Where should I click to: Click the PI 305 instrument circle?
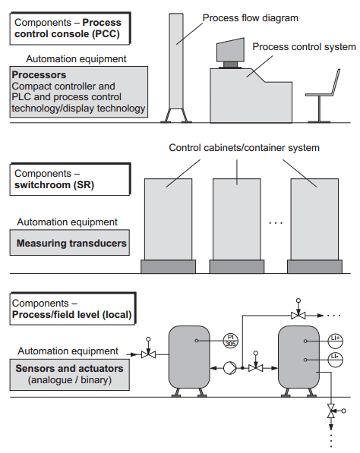pos(229,341)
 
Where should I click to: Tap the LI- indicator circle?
pos(334,357)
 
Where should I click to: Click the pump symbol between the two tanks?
pos(226,368)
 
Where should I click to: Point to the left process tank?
pos(188,357)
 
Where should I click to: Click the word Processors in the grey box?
pos(39,76)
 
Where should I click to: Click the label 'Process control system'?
pos(303,47)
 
